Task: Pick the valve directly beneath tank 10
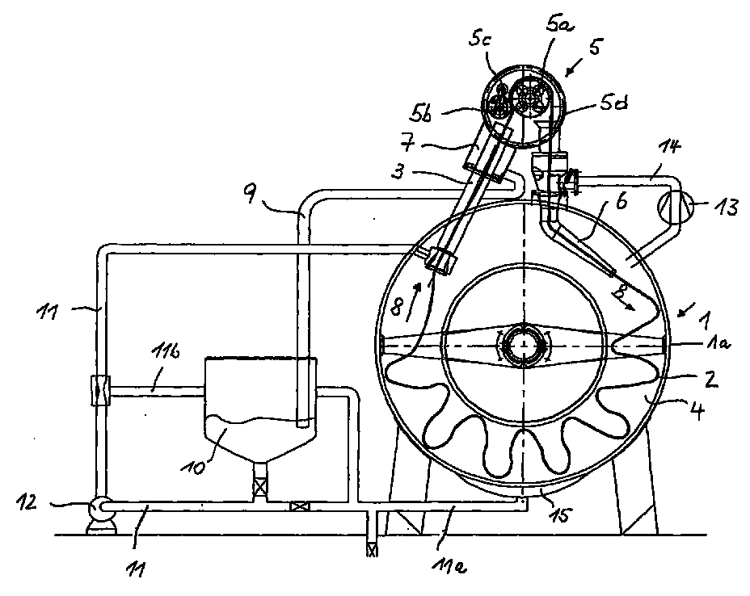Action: click(x=260, y=488)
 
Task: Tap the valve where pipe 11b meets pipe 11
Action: click(x=100, y=392)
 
